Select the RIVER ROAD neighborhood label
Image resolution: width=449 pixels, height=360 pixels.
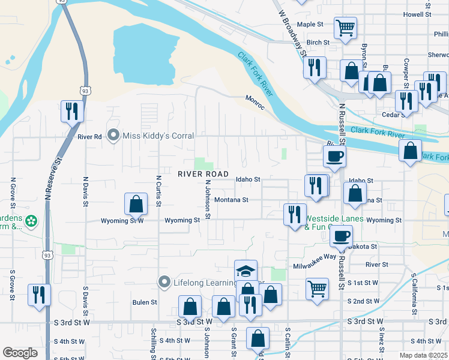click(x=203, y=174)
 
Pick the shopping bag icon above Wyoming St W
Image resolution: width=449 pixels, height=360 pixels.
click(x=136, y=204)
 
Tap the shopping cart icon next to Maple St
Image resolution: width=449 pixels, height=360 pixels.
click(x=346, y=27)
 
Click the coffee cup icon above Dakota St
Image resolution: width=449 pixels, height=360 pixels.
click(x=341, y=236)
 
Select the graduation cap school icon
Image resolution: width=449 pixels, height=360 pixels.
click(x=246, y=271)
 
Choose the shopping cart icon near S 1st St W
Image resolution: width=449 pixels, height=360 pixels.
click(x=317, y=289)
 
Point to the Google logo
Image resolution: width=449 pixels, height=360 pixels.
click(x=20, y=353)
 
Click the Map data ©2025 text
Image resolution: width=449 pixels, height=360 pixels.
click(x=423, y=355)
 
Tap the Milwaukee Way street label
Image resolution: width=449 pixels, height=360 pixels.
click(x=315, y=256)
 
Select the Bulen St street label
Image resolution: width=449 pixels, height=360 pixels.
click(x=145, y=302)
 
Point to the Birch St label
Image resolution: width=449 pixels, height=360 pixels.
click(x=318, y=43)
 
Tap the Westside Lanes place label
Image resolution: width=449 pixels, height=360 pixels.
click(x=334, y=220)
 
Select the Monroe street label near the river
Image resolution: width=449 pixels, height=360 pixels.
click(x=255, y=103)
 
